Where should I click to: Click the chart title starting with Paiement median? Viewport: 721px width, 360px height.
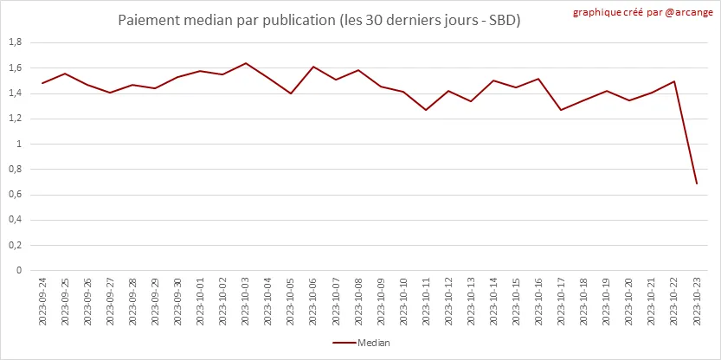point(319,19)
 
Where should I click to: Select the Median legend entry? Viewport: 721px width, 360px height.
point(362,343)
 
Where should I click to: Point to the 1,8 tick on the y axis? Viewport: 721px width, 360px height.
point(15,42)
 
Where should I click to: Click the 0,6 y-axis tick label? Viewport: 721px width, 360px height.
point(15,195)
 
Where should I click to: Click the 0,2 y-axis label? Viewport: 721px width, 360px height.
point(15,245)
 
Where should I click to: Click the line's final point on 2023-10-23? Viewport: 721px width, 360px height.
point(697,183)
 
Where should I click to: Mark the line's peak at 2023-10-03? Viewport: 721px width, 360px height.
point(246,63)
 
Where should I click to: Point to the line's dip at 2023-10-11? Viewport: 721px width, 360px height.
point(426,110)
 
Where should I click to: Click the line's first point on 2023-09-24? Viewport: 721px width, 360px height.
point(42,83)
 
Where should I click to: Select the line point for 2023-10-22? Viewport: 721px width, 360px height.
point(674,81)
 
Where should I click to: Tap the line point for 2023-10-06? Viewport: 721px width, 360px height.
point(313,67)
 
